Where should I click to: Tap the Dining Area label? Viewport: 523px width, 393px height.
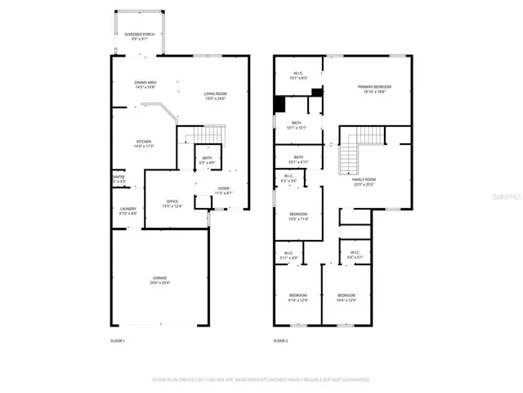[x=145, y=84]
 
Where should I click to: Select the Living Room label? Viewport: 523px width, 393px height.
[x=215, y=97]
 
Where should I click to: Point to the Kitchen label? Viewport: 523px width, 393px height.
[x=144, y=143]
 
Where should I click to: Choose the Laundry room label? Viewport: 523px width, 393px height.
[x=127, y=210]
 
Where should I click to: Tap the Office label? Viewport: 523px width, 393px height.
[x=172, y=203]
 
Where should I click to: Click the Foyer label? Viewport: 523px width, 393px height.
[x=223, y=191]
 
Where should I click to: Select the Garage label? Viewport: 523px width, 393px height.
[x=159, y=280]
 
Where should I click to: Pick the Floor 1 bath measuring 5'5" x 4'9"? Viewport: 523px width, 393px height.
[x=208, y=160]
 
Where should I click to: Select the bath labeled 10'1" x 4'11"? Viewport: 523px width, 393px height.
[x=298, y=159]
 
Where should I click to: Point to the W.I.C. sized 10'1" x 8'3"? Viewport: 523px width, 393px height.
[x=298, y=76]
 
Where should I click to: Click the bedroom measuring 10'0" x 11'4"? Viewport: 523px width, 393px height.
[x=298, y=216]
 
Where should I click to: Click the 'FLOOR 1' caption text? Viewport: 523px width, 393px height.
[x=118, y=340]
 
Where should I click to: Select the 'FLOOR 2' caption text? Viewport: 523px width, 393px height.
[x=281, y=340]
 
